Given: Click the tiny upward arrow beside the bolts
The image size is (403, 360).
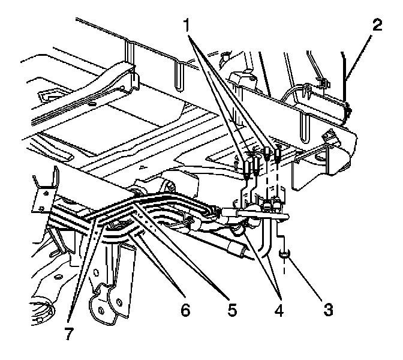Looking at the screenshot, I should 237,161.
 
